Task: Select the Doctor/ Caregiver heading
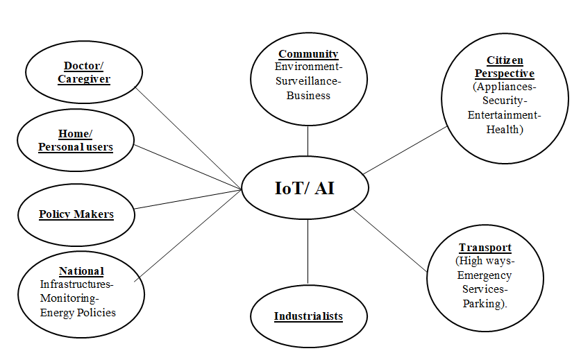tap(83, 72)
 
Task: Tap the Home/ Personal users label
tap(75, 140)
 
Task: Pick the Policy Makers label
tap(76, 214)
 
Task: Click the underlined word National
tap(81, 271)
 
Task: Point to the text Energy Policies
tap(77, 312)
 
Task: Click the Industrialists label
tap(308, 316)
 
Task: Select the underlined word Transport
tap(485, 248)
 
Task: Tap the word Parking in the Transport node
tap(482, 303)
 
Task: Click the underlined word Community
tap(308, 54)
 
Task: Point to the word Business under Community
tap(308, 95)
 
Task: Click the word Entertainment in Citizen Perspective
tap(503, 114)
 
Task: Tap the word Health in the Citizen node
tap(503, 128)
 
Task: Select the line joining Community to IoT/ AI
tap(308, 142)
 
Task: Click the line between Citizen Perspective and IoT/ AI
tap(406, 150)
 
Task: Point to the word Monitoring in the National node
tap(69, 298)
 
